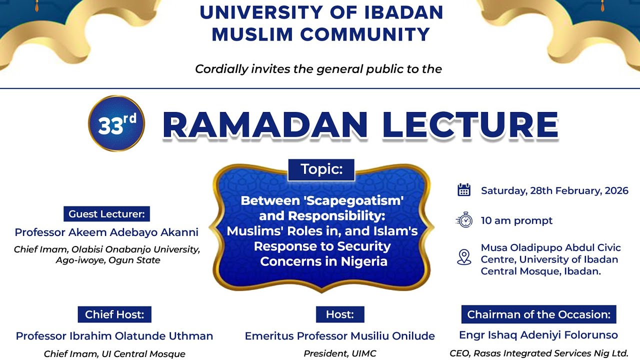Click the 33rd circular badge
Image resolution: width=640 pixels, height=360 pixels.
[x=116, y=123]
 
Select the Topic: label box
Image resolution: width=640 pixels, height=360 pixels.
[x=321, y=169]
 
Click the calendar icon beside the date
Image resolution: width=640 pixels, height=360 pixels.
[x=464, y=190]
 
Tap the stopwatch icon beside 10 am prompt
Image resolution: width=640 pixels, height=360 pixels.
[x=464, y=220]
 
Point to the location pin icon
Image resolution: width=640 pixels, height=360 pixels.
[x=464, y=257]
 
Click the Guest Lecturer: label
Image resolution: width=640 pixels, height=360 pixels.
[x=106, y=214]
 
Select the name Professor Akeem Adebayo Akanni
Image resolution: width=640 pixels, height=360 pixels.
[x=106, y=232]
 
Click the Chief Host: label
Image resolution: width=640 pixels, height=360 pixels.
[x=114, y=314]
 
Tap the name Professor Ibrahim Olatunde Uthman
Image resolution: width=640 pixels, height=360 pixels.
[x=114, y=336]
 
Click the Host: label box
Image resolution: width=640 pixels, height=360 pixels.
[x=340, y=314]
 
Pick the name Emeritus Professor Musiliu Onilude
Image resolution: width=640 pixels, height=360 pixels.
[x=340, y=336]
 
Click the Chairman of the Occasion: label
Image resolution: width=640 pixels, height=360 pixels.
[x=538, y=314]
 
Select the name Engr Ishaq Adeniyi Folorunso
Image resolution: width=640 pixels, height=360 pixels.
[x=538, y=335]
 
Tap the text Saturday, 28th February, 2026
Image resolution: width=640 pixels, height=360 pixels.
[x=554, y=190]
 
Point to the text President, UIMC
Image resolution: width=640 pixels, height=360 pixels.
[x=340, y=353]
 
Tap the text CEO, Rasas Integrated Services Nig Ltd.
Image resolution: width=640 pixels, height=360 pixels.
[x=538, y=352]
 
